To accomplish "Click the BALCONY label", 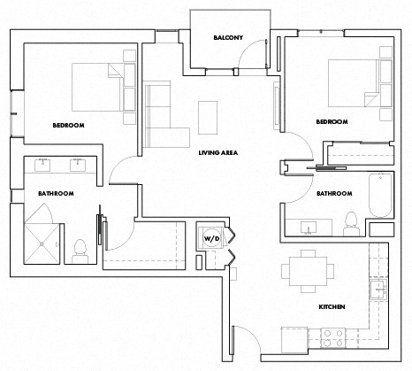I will pos(228,38).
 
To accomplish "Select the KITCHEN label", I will pos(331,306).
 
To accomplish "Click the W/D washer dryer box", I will pos(212,238).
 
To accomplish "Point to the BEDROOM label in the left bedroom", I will pos(68,126).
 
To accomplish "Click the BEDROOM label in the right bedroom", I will pos(332,121).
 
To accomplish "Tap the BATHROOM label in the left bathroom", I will pos(55,193).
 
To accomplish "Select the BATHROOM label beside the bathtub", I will pos(335,193).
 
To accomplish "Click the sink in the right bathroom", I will pos(309,228).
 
